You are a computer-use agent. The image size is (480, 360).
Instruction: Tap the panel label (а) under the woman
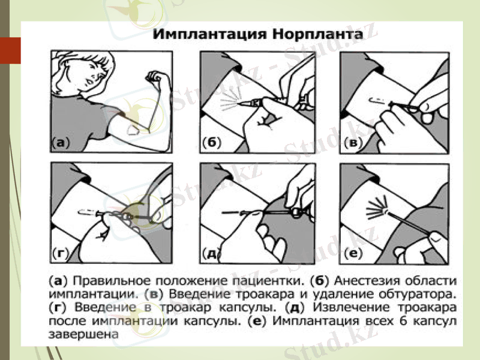tap(59, 143)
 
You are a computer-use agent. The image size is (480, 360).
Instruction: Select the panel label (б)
tap(211, 143)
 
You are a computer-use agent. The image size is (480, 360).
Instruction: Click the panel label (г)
tap(60, 253)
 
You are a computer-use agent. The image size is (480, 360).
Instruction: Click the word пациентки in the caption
tap(274, 281)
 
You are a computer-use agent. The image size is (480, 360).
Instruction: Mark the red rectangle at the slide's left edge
tap(10, 50)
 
